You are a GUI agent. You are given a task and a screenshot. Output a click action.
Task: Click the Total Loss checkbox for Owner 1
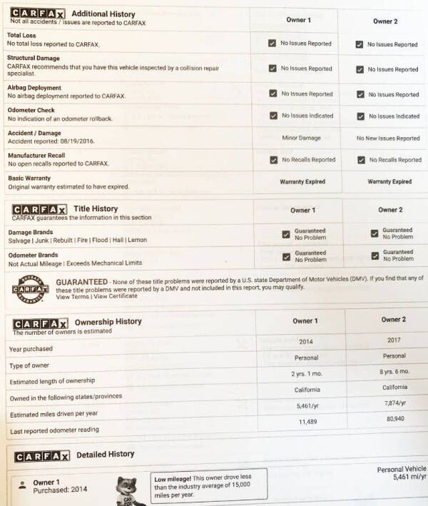pyautogui.click(x=272, y=44)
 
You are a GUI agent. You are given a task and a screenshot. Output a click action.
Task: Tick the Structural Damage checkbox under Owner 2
pyautogui.click(x=360, y=69)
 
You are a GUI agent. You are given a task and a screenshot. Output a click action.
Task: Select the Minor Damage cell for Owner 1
pyautogui.click(x=301, y=138)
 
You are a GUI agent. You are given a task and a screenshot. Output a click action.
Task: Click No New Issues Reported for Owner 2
pyautogui.click(x=388, y=138)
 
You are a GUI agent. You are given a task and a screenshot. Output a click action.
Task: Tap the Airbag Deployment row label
pyautogui.click(x=34, y=88)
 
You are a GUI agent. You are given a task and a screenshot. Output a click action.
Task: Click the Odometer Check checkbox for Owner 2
pyautogui.click(x=360, y=116)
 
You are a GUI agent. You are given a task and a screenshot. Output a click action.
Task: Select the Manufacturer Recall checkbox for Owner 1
pyautogui.click(x=272, y=160)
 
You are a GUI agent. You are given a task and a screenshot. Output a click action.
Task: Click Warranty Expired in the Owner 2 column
pyautogui.click(x=389, y=182)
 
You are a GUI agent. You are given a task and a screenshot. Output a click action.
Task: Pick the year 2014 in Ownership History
pyautogui.click(x=306, y=342)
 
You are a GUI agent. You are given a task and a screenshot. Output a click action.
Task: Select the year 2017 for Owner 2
pyautogui.click(x=394, y=340)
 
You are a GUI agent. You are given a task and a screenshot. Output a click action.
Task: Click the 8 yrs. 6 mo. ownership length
pyautogui.click(x=394, y=371)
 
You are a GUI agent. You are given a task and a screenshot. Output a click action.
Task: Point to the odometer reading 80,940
pyautogui.click(x=394, y=419)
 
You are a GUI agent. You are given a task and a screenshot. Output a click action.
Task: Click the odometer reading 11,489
pyautogui.click(x=306, y=422)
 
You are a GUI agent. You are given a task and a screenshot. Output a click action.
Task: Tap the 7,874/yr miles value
pyautogui.click(x=394, y=403)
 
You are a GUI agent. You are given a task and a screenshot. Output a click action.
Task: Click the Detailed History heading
pyautogui.click(x=105, y=454)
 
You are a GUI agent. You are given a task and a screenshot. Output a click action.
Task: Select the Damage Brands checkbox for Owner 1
pyautogui.click(x=286, y=234)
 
